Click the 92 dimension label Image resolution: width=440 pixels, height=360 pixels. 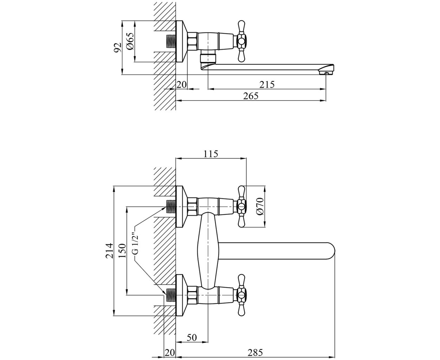[x=118, y=47]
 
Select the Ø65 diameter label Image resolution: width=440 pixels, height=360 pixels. [x=130, y=41]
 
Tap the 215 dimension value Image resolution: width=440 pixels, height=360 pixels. [x=267, y=84]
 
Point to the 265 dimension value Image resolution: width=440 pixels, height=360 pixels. [x=251, y=96]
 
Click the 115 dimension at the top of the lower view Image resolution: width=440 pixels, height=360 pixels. [x=211, y=154]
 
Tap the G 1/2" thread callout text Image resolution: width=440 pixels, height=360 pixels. [x=136, y=244]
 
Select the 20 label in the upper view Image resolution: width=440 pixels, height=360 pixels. [x=181, y=84]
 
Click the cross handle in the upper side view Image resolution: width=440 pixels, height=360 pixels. [x=241, y=41]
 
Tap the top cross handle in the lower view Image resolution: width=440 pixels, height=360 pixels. [x=241, y=206]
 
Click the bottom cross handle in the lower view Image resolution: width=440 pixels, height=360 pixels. [x=241, y=295]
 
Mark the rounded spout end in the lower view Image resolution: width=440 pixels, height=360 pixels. [x=331, y=251]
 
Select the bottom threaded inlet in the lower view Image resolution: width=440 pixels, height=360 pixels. [x=171, y=295]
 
